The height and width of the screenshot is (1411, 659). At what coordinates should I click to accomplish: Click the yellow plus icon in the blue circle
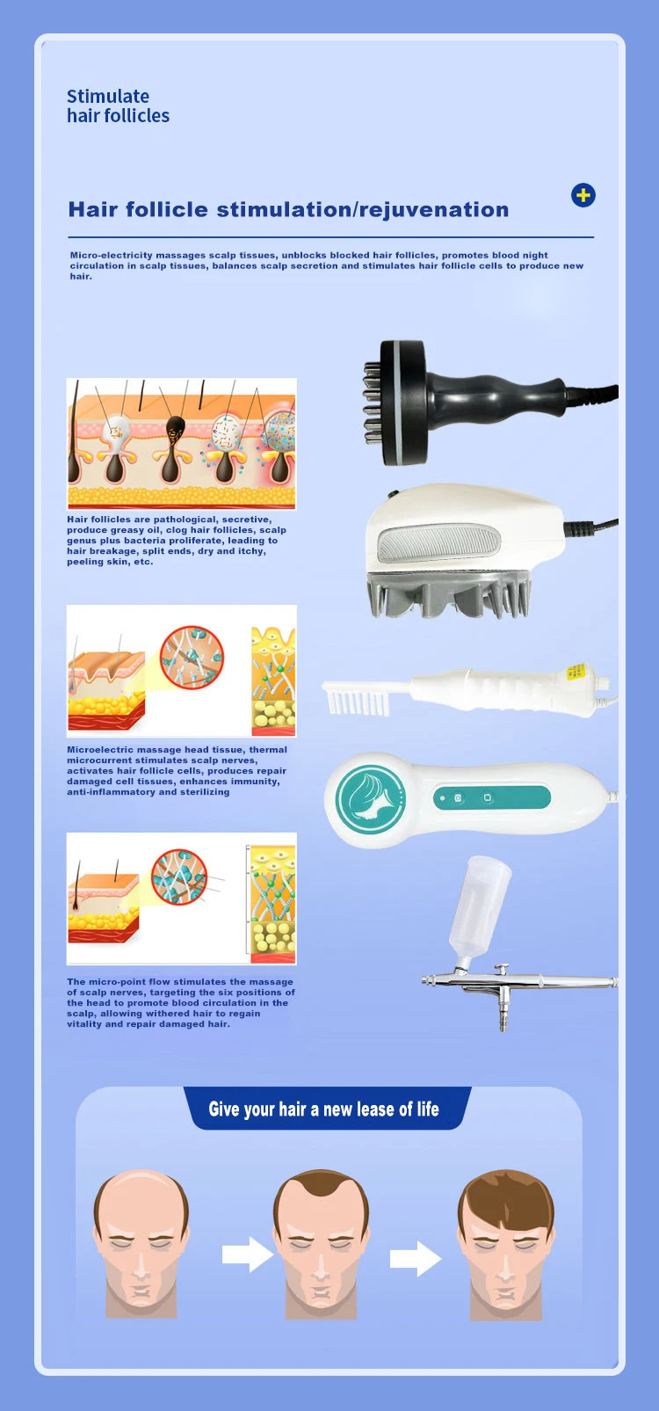pos(583,195)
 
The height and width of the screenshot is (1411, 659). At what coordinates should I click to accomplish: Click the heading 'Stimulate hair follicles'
pos(118,106)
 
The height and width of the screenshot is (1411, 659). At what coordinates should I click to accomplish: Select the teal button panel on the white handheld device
pos(491,798)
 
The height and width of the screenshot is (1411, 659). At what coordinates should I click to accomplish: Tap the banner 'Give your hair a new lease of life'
pos(323,1109)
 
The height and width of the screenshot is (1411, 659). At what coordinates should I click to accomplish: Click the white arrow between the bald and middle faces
pos(247,1255)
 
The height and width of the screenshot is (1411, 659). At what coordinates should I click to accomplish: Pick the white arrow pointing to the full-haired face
pos(415,1258)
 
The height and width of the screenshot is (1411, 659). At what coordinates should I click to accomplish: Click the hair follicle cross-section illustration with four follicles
pos(182,445)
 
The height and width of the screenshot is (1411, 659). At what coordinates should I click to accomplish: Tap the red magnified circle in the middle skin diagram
pos(192,658)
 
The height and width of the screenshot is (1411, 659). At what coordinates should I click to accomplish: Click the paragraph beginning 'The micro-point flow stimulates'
pos(180,1002)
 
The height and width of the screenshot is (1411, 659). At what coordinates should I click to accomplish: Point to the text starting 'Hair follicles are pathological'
pos(176,541)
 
